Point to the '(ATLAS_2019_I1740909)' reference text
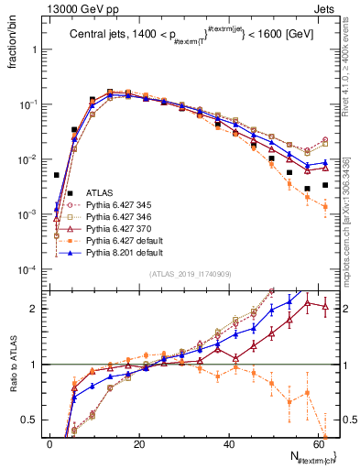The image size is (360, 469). click(188, 274)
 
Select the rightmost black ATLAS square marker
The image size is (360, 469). click(325, 185)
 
